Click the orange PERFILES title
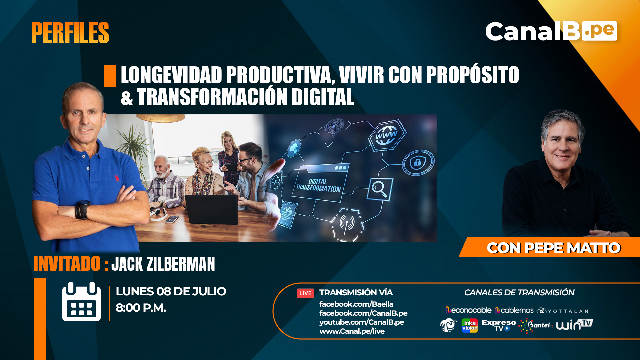tap(70, 33)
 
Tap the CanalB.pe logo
tap(551, 31)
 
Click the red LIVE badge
tap(305, 293)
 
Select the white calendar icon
tap(81, 302)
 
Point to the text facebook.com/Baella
tap(356, 304)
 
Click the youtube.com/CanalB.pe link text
tap(362, 322)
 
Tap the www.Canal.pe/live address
tap(352, 331)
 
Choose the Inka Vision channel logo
tap(470, 326)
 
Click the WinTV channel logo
tap(574, 325)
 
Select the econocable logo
tap(468, 310)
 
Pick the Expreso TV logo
tap(499, 325)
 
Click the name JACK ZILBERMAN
tap(163, 264)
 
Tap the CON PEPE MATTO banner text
tap(554, 248)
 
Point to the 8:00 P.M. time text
tap(141, 308)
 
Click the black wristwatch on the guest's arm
tap(82, 210)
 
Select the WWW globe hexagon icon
tap(387, 135)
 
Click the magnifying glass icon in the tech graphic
tap(380, 189)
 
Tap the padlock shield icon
tap(418, 162)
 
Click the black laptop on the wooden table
tap(211, 209)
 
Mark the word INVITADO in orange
tap(67, 264)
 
